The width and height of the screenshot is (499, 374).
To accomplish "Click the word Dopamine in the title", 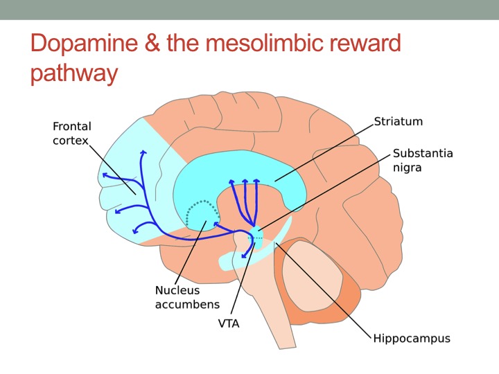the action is pyautogui.click(x=85, y=44).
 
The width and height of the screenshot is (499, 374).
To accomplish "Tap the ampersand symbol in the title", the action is pyautogui.click(x=152, y=43).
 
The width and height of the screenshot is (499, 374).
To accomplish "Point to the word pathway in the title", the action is pyautogui.click(x=74, y=74).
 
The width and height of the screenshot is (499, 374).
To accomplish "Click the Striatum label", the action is pyautogui.click(x=398, y=121).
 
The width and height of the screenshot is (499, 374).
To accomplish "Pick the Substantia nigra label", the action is pyautogui.click(x=423, y=160).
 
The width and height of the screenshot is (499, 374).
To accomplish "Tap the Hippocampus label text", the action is pyautogui.click(x=412, y=339).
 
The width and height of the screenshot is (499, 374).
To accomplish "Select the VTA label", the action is pyautogui.click(x=229, y=323).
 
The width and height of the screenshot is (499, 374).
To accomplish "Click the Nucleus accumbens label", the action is pyautogui.click(x=187, y=297).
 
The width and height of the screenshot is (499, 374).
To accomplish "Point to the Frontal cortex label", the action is pyautogui.click(x=72, y=133).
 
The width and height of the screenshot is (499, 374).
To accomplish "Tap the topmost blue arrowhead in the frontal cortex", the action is pyautogui.click(x=143, y=152).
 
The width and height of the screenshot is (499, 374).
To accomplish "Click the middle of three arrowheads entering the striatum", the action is pyautogui.click(x=245, y=181).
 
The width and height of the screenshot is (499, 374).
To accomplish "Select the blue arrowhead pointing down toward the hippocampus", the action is pyautogui.click(x=244, y=256).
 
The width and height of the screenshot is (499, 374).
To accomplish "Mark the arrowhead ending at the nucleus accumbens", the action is pyautogui.click(x=216, y=224).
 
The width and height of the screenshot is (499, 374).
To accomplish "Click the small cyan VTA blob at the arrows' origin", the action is pyautogui.click(x=256, y=237).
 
